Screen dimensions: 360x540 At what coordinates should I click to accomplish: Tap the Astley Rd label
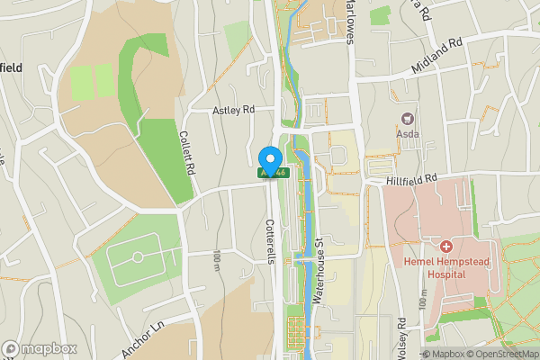pyautogui.click(x=233, y=111)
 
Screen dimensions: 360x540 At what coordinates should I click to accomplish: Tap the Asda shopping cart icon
pyautogui.click(x=408, y=118)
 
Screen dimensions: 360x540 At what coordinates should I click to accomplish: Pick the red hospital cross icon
pyautogui.click(x=446, y=246)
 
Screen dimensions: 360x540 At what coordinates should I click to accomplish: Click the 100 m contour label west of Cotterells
pyautogui.click(x=217, y=261)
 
